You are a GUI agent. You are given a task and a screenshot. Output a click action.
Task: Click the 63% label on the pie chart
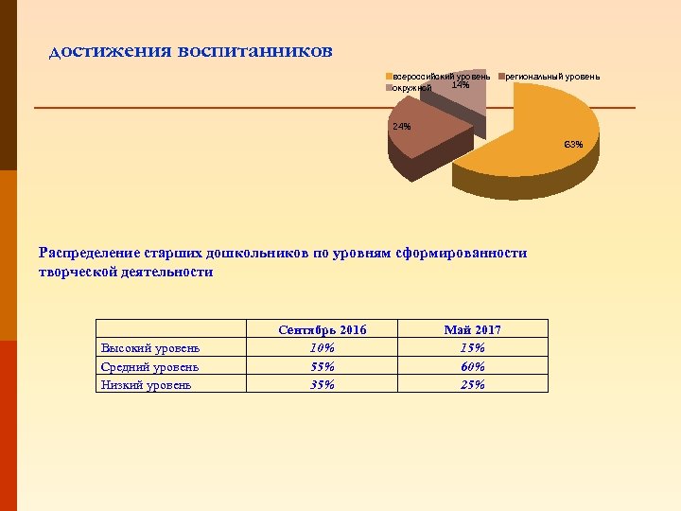click(x=573, y=145)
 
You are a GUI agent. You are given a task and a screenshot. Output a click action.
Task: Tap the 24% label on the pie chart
click(x=401, y=127)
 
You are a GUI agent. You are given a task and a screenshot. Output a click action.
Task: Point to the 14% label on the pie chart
click(x=461, y=85)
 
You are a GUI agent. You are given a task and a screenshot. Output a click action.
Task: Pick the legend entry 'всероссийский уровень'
click(x=441, y=76)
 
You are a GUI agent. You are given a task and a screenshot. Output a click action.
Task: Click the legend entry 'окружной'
click(x=412, y=88)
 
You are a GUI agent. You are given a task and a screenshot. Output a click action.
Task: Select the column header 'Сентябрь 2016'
click(x=323, y=330)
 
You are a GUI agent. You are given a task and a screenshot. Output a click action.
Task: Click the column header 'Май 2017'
click(x=472, y=330)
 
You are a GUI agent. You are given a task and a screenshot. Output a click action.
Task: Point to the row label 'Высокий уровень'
click(x=149, y=348)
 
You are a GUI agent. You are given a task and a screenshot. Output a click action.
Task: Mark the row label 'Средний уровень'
click(x=149, y=366)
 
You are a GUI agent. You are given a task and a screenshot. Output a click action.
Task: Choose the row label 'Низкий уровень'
click(x=146, y=384)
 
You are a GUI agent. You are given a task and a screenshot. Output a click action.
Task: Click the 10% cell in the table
click(x=323, y=348)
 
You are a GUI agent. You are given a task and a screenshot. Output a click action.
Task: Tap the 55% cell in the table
click(x=323, y=366)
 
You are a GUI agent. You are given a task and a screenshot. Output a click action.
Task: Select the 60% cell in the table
click(x=472, y=366)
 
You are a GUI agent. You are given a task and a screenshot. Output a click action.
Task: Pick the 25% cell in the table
click(x=472, y=384)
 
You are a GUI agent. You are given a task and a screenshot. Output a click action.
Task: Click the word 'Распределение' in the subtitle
click(x=90, y=253)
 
